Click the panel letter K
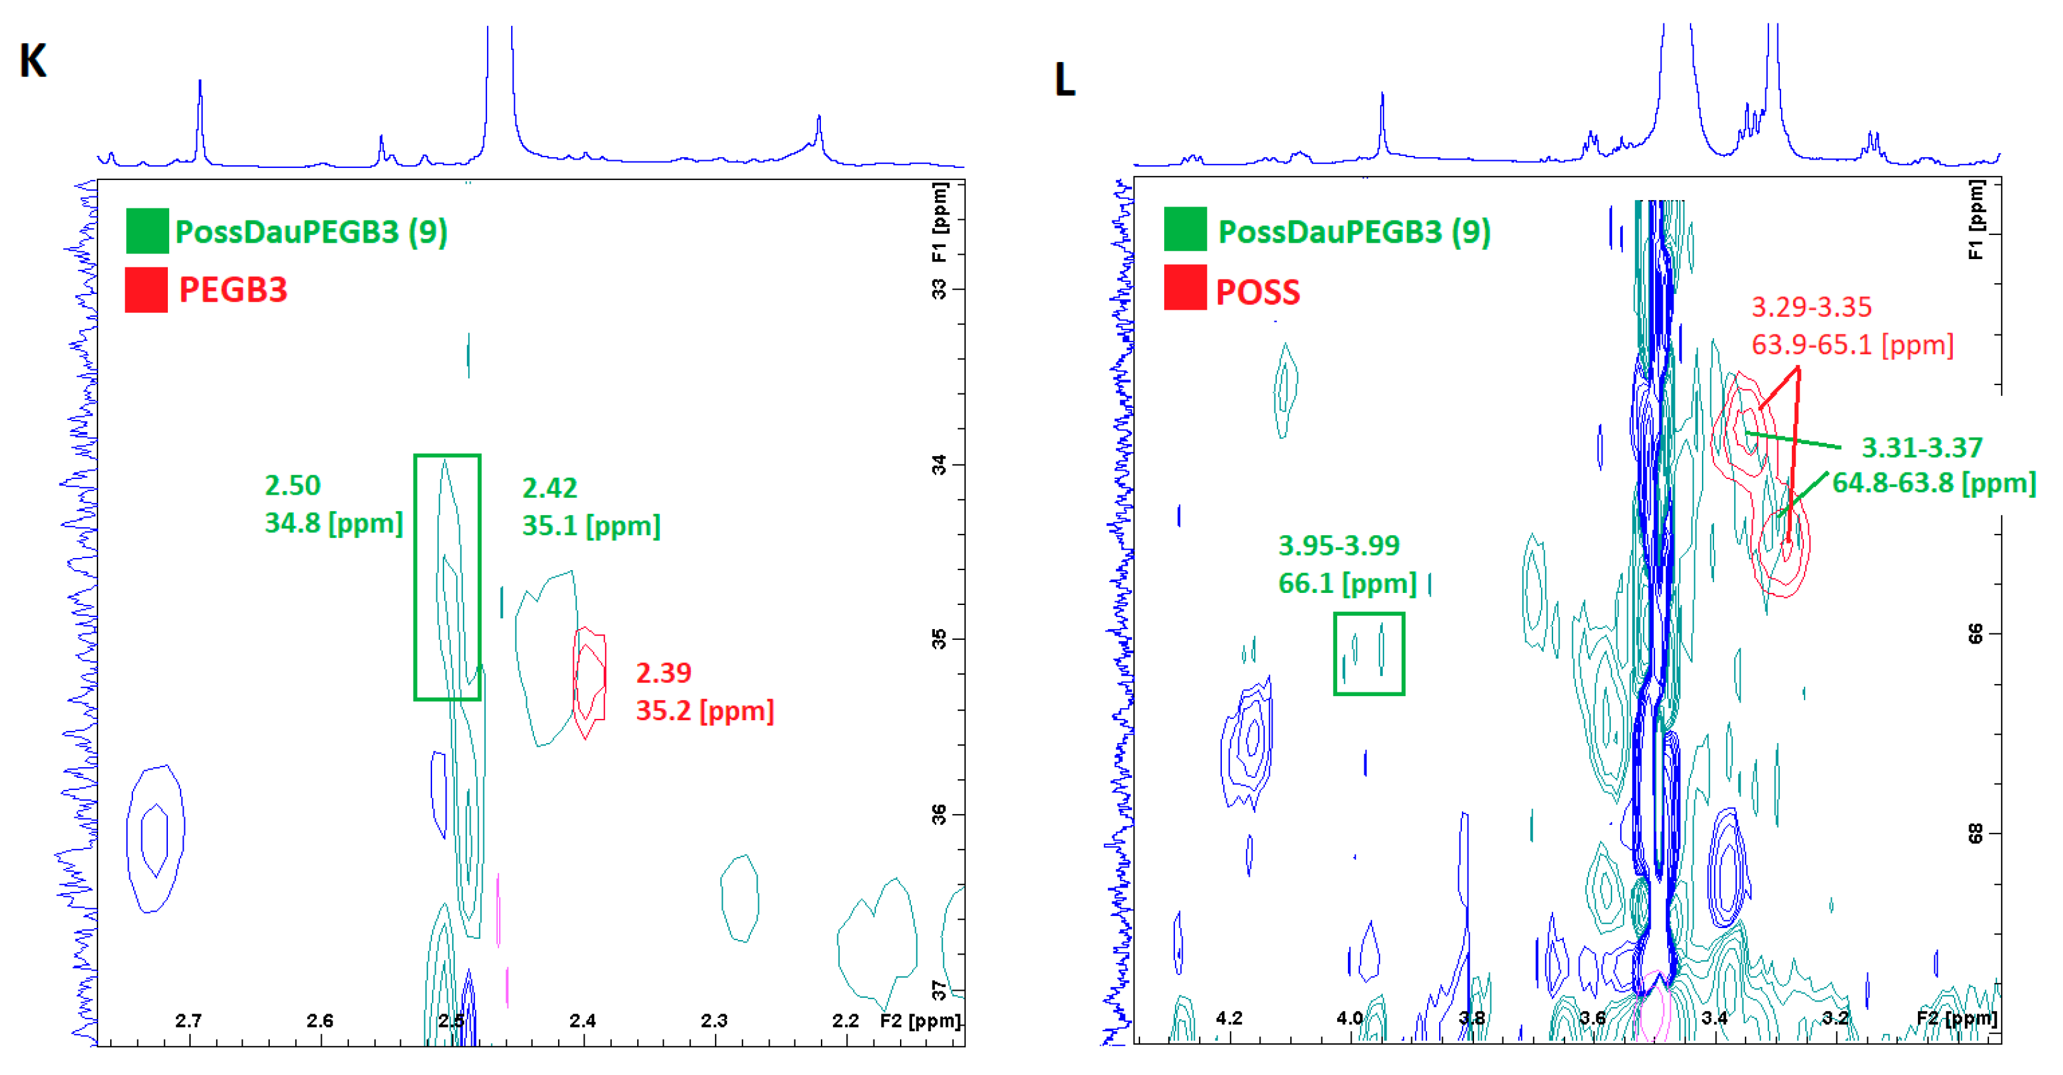(x=33, y=61)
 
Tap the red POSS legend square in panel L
(x=1185, y=288)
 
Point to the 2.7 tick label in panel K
(x=188, y=1021)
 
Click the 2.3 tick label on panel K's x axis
(x=714, y=1021)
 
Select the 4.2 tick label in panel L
(x=1229, y=1018)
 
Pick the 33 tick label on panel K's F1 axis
(x=939, y=289)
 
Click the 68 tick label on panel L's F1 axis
(x=1975, y=834)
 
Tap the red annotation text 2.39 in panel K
(x=663, y=673)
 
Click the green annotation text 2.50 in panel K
(x=292, y=485)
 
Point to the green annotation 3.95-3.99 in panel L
(x=1338, y=545)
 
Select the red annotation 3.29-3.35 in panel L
(x=1811, y=307)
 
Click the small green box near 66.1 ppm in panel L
(x=1369, y=654)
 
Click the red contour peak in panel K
(x=590, y=681)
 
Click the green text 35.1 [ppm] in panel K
(x=591, y=526)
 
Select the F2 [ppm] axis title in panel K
(x=919, y=1021)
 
